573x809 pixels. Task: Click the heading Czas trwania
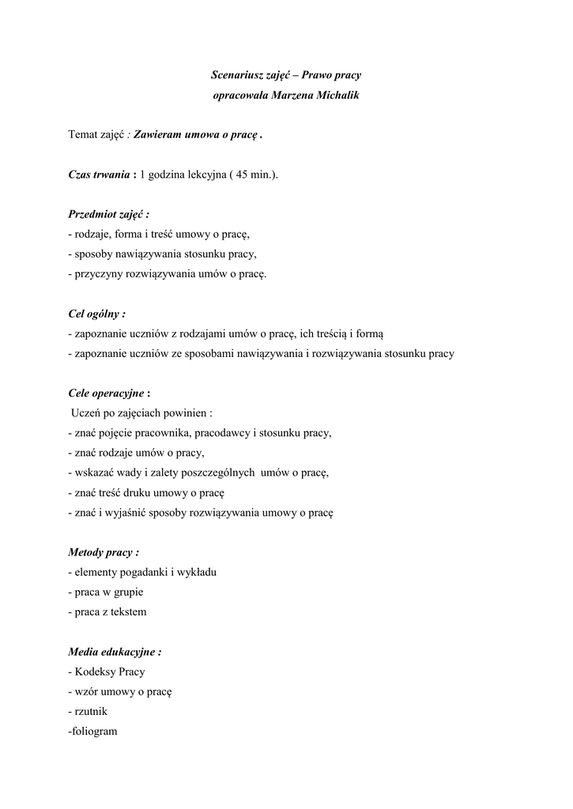pos(99,175)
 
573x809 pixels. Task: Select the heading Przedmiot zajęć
pos(108,214)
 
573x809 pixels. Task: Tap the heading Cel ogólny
pos(96,314)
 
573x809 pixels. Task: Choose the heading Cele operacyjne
pos(106,393)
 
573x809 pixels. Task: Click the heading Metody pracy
pos(104,552)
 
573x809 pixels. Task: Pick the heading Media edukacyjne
pos(115,653)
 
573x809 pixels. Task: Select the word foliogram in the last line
pos(95,732)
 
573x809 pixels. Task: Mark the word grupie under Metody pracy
pos(129,592)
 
